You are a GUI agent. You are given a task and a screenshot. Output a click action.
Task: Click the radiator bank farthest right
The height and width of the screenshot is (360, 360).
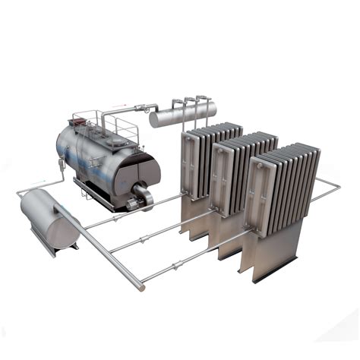[286, 194]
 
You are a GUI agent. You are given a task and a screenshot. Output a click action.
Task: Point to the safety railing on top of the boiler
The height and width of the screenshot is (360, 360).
[106, 122]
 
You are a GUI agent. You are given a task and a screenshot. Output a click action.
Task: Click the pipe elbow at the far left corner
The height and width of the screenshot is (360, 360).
[21, 194]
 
